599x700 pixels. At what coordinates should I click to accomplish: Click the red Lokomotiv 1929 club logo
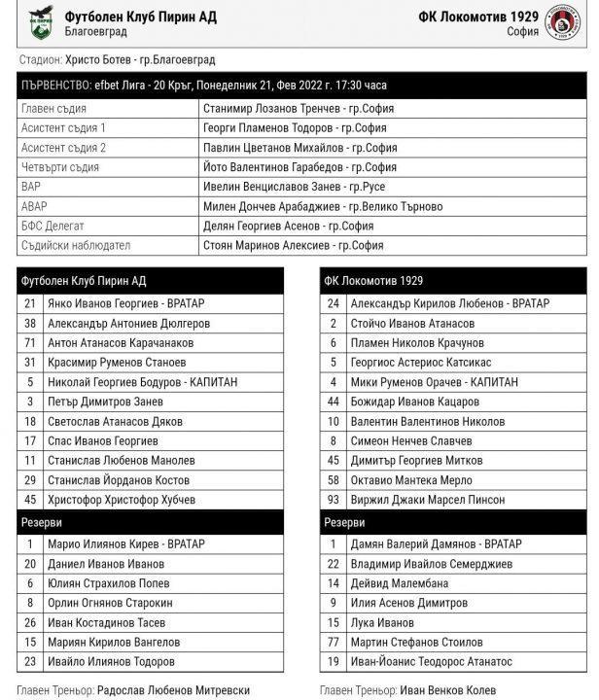(x=564, y=23)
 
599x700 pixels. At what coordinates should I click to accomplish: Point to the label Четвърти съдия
(x=59, y=166)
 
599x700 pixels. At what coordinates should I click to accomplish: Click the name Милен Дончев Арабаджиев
(x=271, y=206)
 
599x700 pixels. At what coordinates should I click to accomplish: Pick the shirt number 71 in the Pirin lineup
(x=30, y=342)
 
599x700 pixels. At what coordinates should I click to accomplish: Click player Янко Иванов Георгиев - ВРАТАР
(x=126, y=303)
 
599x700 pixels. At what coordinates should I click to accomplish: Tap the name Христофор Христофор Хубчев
(x=122, y=500)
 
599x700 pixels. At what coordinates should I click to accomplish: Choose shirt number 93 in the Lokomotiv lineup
(x=334, y=500)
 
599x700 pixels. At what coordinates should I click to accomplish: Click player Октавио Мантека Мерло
(x=412, y=480)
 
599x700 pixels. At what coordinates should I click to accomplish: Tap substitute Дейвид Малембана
(x=402, y=583)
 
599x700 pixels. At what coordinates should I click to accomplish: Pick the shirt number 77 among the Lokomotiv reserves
(x=334, y=642)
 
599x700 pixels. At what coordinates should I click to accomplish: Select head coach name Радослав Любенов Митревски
(x=173, y=689)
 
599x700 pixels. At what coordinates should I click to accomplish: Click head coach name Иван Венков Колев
(x=447, y=689)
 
